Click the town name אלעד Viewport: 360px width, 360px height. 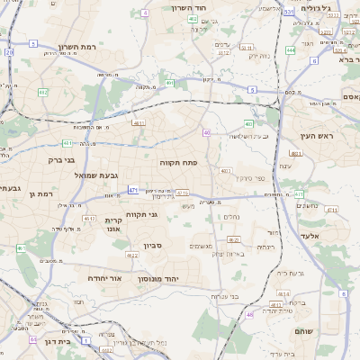[334, 235]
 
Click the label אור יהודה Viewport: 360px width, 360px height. [105, 278]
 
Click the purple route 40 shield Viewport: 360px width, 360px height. [207, 132]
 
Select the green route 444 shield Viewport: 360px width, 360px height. [291, 51]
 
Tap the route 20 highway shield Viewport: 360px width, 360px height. [9, 53]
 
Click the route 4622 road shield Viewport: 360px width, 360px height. [132, 256]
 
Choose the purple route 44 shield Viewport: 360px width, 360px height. [33, 340]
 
